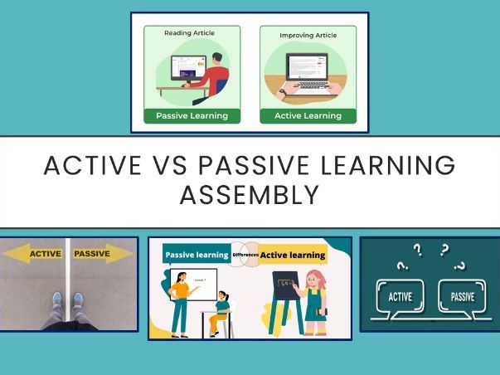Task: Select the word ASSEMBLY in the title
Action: point(250,196)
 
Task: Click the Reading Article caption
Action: point(191,33)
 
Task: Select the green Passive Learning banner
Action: point(192,115)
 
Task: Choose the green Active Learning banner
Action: point(308,115)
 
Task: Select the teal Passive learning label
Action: point(197,256)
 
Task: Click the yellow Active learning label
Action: point(293,256)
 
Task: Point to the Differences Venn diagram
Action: point(245,256)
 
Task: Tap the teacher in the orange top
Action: point(180,299)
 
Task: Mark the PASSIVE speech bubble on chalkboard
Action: point(462,295)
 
